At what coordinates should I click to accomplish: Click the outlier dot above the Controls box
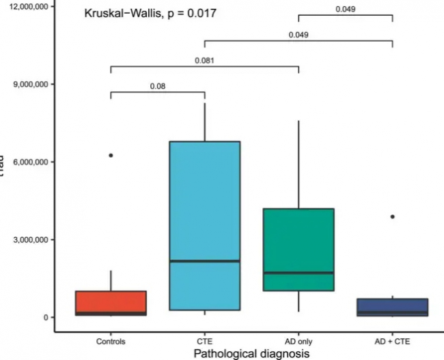point(111,155)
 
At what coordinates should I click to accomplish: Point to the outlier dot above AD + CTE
point(393,217)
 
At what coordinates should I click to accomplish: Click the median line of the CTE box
point(205,261)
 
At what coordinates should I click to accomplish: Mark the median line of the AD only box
point(299,273)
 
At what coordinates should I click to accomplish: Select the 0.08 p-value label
point(158,87)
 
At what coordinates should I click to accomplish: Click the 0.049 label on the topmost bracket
point(346,10)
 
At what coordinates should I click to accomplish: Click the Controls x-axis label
point(111,340)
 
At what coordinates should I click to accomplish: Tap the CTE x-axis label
point(205,340)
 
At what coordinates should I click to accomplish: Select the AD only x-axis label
point(299,340)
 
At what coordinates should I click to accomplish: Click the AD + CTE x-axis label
point(393,340)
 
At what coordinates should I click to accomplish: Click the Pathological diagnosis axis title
point(251,353)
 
